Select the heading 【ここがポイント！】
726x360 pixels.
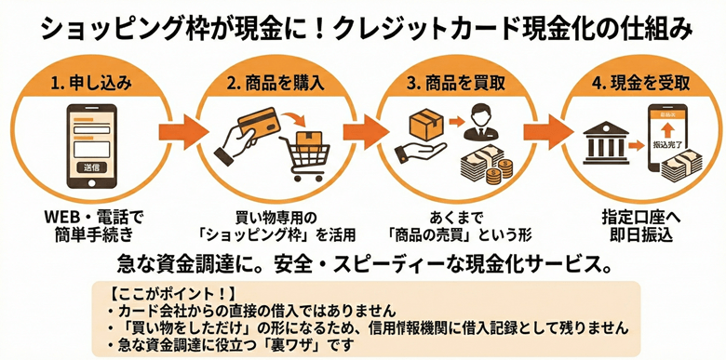tap(153, 292)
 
